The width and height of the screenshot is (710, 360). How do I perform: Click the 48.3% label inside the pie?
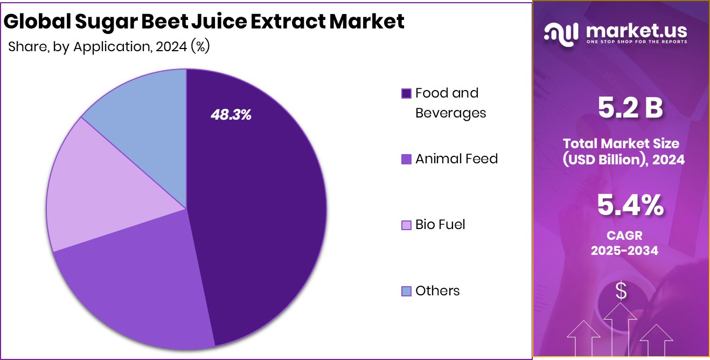point(230,114)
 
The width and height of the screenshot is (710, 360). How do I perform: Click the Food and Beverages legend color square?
point(407,94)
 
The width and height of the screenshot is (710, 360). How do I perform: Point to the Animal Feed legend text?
point(456,159)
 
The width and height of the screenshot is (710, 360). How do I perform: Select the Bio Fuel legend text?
point(440,225)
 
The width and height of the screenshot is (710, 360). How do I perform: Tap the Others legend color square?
point(407,292)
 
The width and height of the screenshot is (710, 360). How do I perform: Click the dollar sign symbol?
point(621,292)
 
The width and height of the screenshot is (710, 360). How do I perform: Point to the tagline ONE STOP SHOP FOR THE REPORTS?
point(636,42)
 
